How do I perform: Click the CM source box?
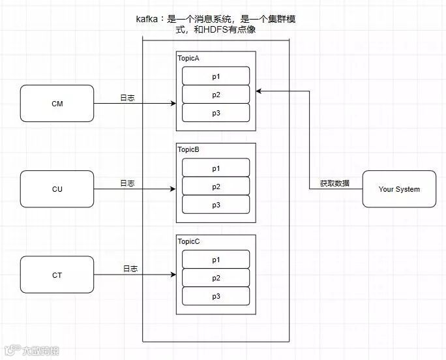[57, 103]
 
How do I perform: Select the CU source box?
[57, 189]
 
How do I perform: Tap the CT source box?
[57, 275]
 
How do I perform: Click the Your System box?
[399, 189]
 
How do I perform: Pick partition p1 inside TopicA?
[216, 76]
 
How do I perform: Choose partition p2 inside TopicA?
[216, 95]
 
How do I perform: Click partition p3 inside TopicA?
[216, 113]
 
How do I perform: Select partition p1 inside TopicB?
[216, 168]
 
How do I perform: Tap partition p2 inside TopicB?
[216, 187]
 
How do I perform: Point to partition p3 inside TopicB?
[216, 205]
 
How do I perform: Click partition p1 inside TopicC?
[216, 260]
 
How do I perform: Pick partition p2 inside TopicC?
[216, 278]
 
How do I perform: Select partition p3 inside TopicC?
[216, 296]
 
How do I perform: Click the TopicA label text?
[188, 58]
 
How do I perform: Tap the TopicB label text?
[188, 150]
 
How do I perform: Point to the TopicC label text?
[188, 241]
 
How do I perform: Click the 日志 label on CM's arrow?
[128, 98]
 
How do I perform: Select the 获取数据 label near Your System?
[334, 183]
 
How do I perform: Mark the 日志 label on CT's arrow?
[130, 269]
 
